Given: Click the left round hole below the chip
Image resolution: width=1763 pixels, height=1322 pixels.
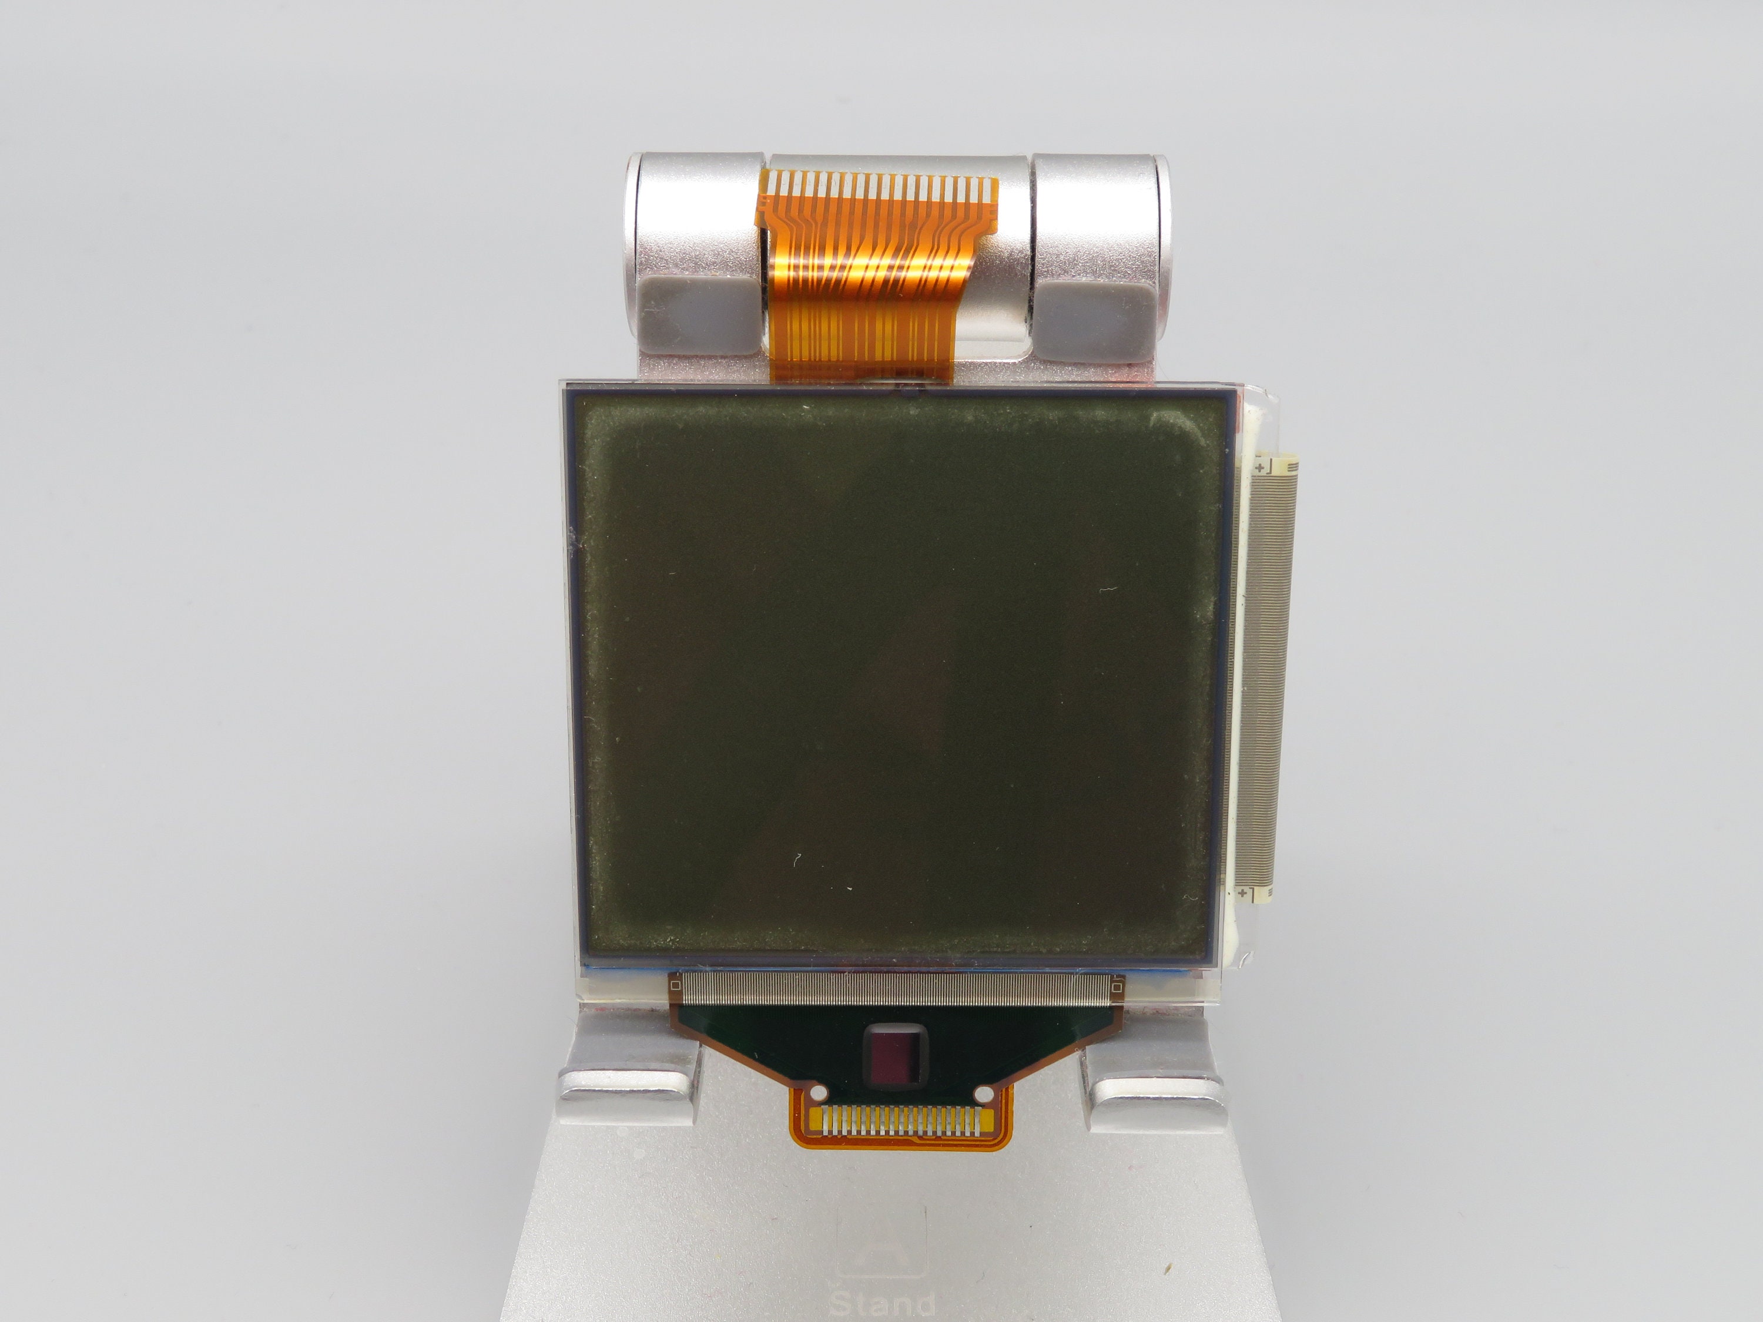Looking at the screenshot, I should click(x=816, y=1093).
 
